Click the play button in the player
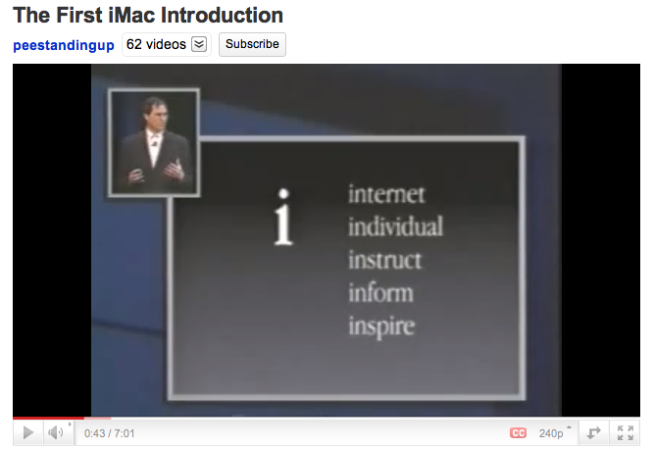[28, 432]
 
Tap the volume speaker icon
[55, 432]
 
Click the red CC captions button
[518, 433]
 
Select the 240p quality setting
[551, 433]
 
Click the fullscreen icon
[626, 433]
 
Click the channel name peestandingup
[64, 45]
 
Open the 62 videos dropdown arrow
[199, 44]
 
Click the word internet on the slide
[386, 194]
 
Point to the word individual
[395, 226]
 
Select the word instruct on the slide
[384, 260]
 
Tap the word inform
[380, 292]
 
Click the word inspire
[381, 325]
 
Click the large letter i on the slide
[283, 218]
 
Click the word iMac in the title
[131, 16]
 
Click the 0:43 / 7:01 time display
[109, 433]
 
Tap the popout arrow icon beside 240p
[593, 433]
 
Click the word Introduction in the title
[222, 16]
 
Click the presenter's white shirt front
[153, 149]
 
